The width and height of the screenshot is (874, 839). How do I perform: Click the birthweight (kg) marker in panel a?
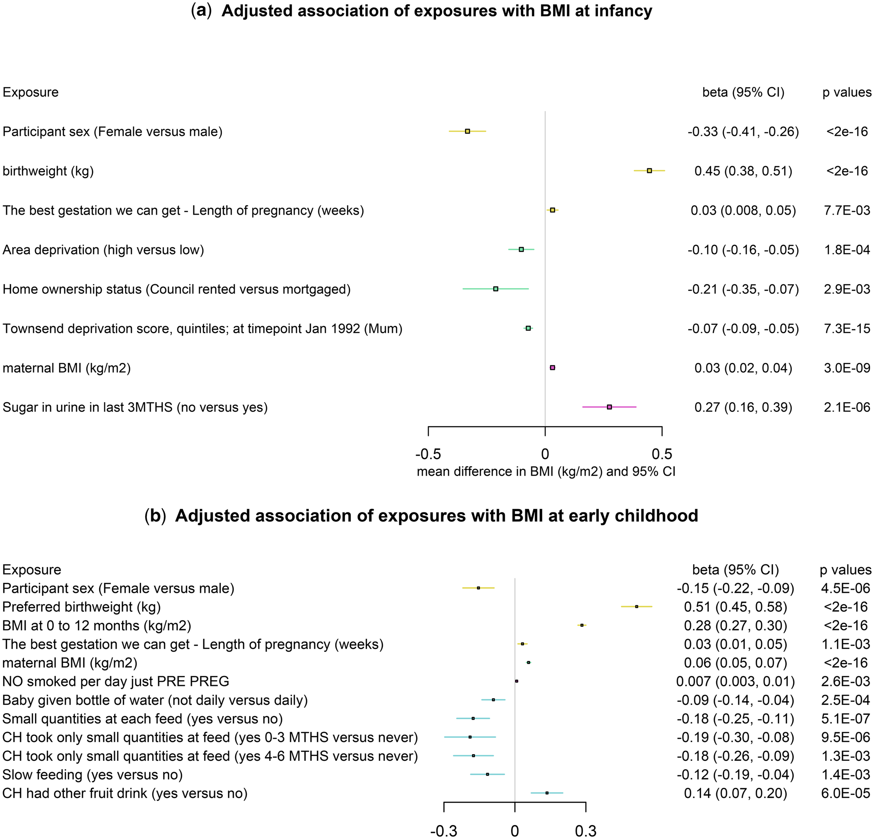(x=649, y=171)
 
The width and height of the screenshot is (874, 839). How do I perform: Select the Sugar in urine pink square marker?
(x=609, y=407)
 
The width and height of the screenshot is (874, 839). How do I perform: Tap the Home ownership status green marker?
(x=496, y=289)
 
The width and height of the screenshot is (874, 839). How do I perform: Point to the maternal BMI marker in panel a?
(x=552, y=368)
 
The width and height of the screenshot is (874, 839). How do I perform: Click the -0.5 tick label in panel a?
(x=428, y=455)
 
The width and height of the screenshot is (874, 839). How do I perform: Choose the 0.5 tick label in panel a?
(x=662, y=455)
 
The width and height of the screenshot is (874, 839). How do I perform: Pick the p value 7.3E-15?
(x=847, y=329)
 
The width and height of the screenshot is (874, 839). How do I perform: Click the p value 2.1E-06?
(x=847, y=407)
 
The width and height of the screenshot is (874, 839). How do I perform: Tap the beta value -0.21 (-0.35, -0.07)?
(x=743, y=289)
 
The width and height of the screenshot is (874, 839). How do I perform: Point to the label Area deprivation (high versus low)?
(x=104, y=250)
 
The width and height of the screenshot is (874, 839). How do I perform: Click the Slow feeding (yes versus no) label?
(x=93, y=775)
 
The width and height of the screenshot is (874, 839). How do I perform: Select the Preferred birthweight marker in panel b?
(x=637, y=606)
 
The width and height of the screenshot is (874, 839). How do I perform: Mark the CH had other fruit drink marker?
(x=547, y=793)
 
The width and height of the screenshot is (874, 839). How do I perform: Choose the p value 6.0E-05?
(x=845, y=794)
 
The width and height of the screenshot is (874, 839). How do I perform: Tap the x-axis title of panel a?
(x=546, y=472)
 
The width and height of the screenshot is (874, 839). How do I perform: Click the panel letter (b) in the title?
(x=155, y=515)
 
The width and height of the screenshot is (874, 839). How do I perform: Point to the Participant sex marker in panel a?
(x=467, y=132)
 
